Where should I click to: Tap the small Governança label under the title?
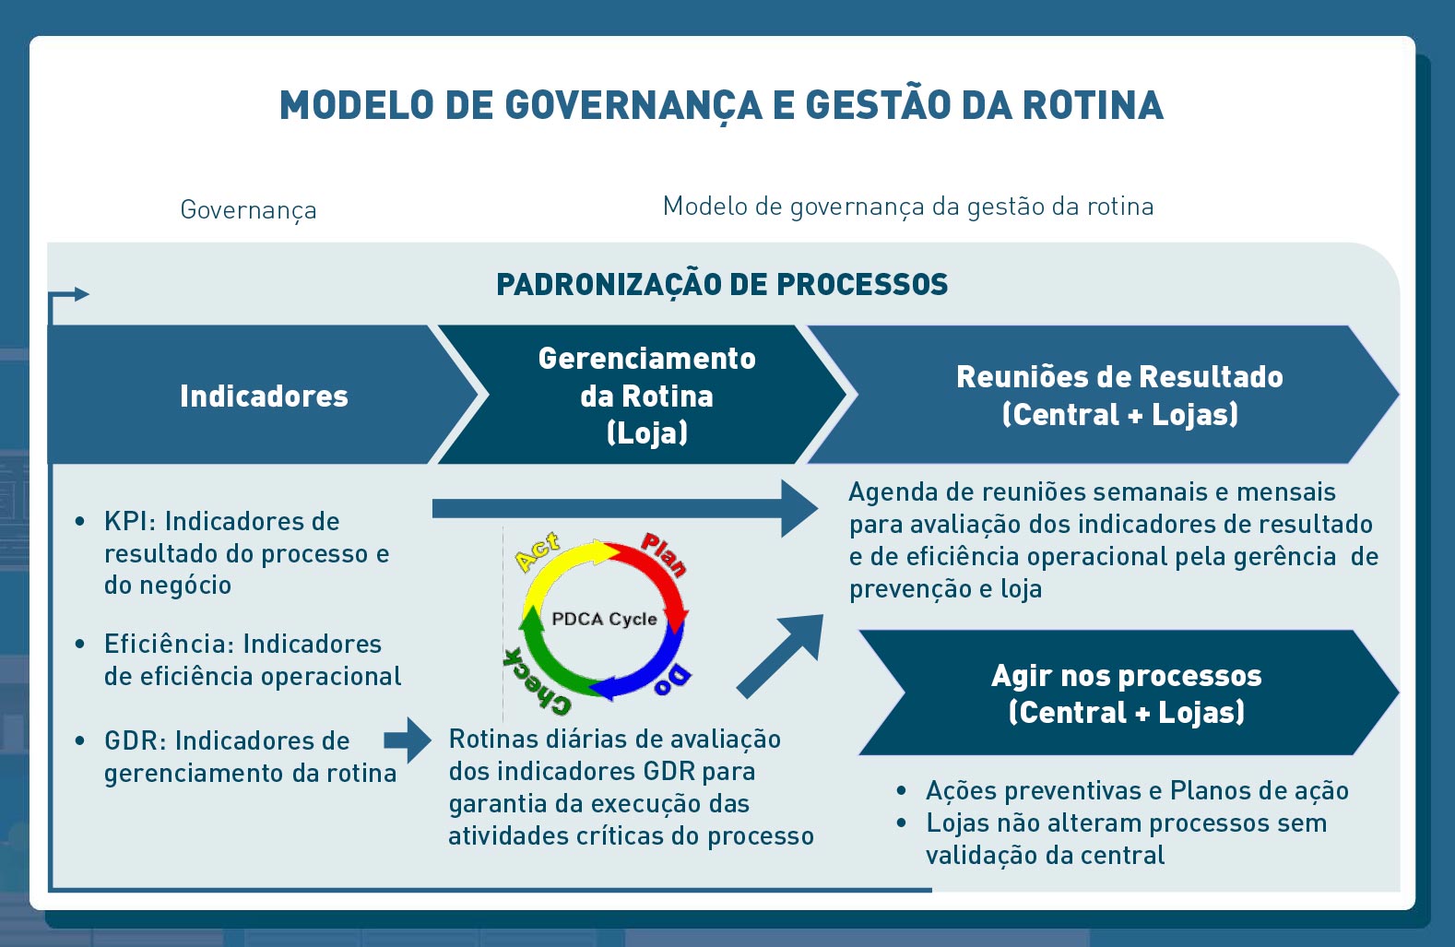[x=248, y=210]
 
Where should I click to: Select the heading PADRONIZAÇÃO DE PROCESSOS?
[x=722, y=285]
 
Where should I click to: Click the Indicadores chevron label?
[x=264, y=397]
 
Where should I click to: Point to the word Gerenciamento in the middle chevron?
[x=647, y=359]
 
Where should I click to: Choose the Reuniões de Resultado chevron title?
[x=1119, y=377]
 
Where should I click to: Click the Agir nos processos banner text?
[x=1127, y=676]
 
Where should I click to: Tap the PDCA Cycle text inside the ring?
[x=604, y=619]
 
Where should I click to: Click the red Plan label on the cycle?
[x=663, y=554]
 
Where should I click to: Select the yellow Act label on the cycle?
[x=538, y=552]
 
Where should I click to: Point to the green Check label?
[x=537, y=682]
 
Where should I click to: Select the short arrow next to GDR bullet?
[x=408, y=740]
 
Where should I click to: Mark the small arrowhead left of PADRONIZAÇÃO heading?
[x=81, y=294]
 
